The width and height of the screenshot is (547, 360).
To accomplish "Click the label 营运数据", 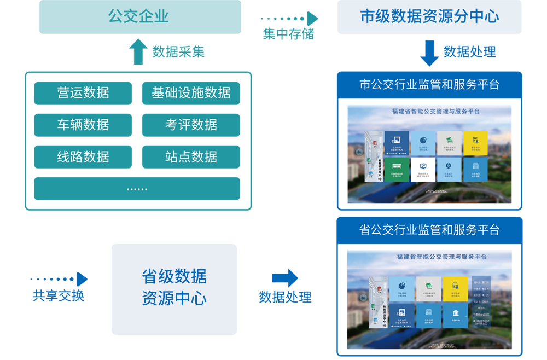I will coord(83,92).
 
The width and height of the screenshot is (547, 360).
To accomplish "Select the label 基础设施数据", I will coord(191,92).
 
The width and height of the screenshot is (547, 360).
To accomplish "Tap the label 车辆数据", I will coord(83,125).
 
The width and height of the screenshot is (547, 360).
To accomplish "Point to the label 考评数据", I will coord(191,125).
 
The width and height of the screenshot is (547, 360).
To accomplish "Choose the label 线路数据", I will coord(83,157).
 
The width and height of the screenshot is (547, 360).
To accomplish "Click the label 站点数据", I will coord(191,157).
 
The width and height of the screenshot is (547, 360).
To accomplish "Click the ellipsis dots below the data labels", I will coord(137,189).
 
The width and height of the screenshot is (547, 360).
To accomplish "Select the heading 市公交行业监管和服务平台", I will coord(429,84).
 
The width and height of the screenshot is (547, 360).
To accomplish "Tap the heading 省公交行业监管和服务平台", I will coord(429,230).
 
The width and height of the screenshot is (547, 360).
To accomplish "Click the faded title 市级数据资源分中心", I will coord(429,16).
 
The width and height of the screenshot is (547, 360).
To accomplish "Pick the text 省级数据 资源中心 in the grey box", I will coord(174,288).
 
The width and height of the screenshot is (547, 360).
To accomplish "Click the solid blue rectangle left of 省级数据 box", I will coord(59,286).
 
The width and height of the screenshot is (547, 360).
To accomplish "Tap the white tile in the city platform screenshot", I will coord(423,169).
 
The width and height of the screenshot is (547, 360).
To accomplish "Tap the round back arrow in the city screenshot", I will coord(359,152).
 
